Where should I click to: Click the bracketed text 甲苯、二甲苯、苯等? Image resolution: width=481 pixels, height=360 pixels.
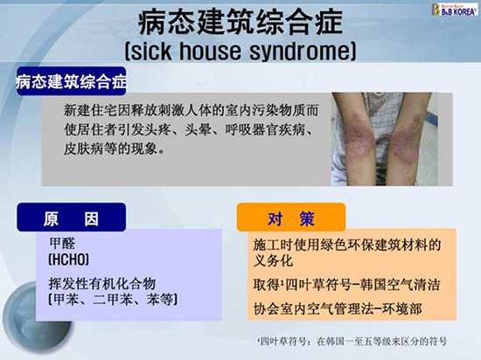(113, 300)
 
